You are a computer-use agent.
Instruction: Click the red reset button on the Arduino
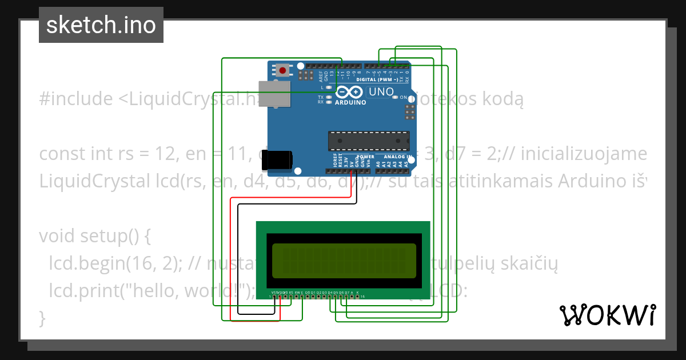pos(282,70)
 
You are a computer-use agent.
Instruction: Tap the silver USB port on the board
pos(273,94)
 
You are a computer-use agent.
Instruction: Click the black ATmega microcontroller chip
pos(369,140)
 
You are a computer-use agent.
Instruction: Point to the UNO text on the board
pos(381,92)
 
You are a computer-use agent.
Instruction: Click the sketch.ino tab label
pos(101,25)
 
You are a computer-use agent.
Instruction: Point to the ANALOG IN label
pos(398,157)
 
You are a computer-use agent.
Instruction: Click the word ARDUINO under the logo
pos(350,103)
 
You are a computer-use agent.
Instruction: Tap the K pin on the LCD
pos(358,293)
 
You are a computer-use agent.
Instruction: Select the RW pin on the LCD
pos(297,293)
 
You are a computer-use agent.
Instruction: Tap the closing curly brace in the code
pos(42,317)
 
